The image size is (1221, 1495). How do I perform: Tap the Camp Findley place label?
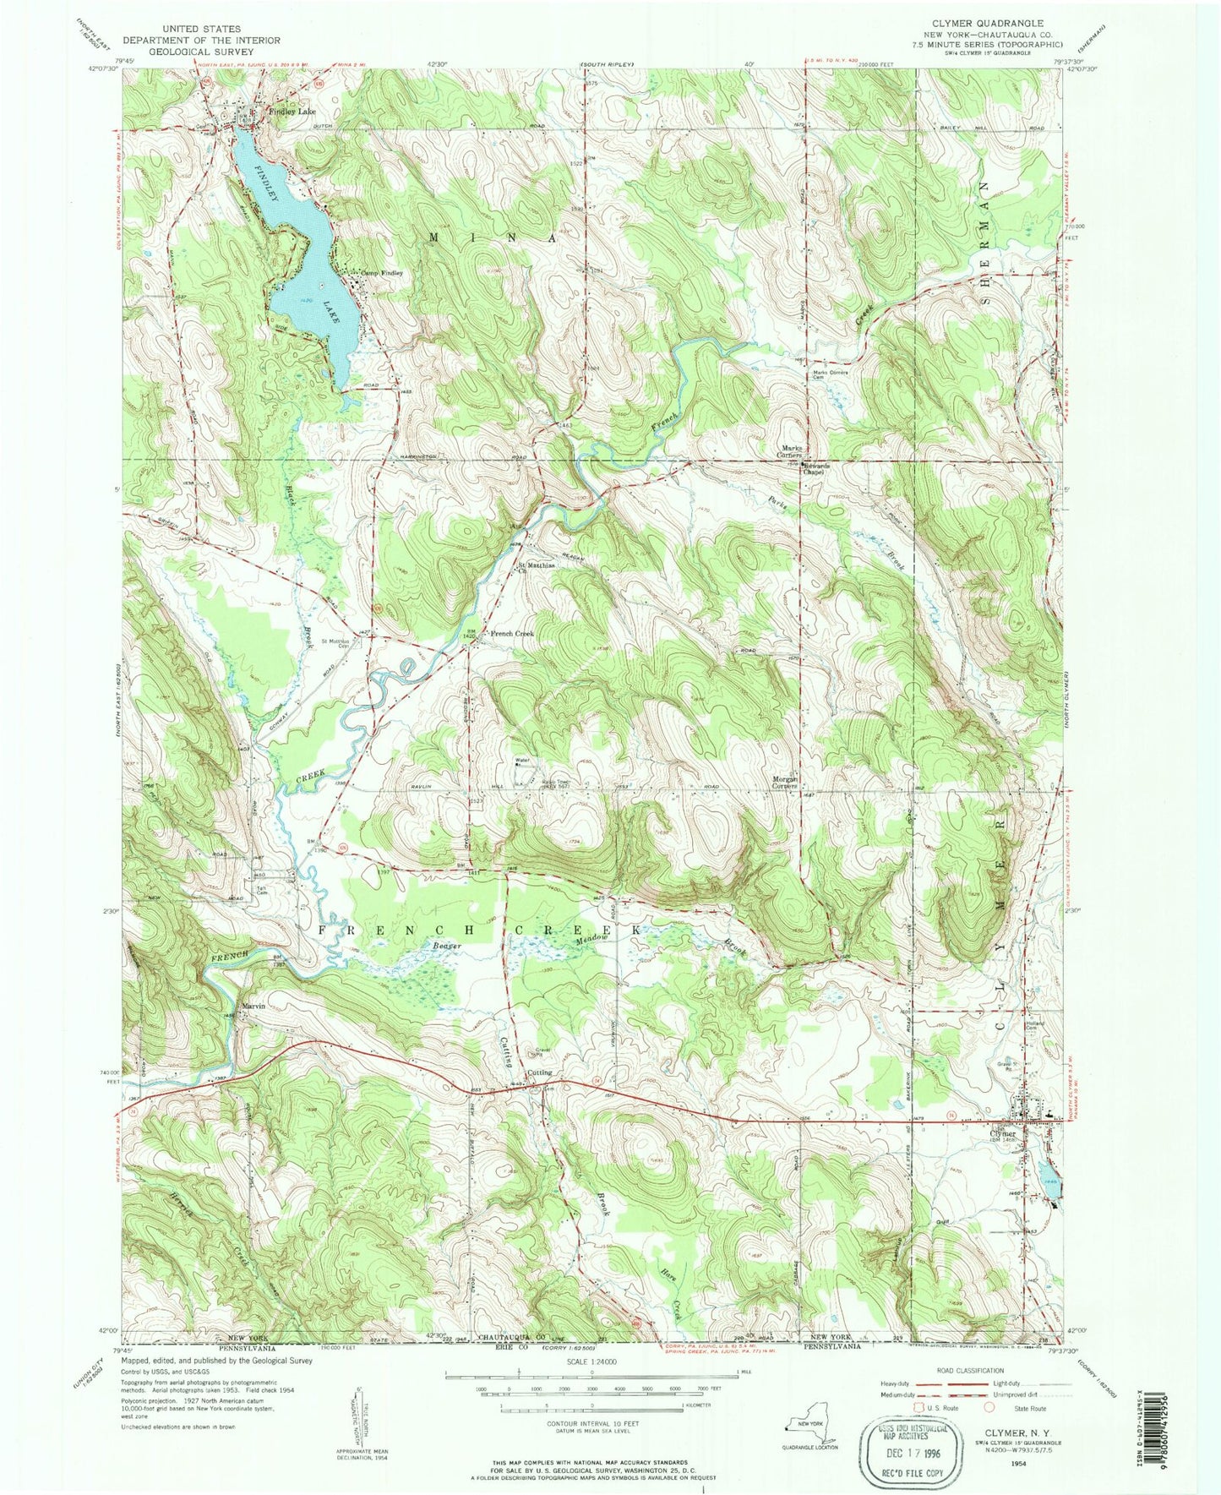click(383, 273)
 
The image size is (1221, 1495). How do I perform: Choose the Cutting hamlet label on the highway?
click(540, 1072)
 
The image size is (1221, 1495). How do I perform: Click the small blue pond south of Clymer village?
click(1048, 1188)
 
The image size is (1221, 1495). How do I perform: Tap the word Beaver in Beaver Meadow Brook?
click(447, 946)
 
